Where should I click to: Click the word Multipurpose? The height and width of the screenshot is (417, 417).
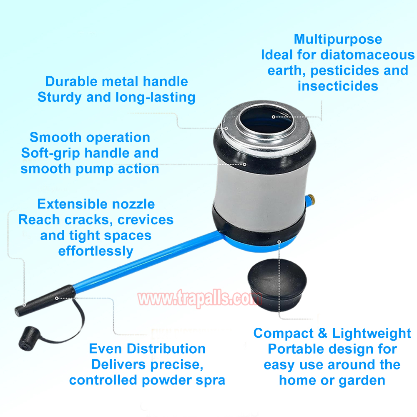pos(338,39)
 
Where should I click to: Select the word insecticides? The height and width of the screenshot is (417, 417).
pos(338,86)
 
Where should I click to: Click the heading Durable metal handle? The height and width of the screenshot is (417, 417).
pos(116,81)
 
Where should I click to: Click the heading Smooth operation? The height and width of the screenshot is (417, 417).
pos(90,138)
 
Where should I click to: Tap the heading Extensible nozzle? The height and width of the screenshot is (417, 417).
pos(96,204)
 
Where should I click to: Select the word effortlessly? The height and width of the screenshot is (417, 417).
pos(96,251)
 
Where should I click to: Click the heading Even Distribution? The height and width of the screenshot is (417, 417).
pos(147,349)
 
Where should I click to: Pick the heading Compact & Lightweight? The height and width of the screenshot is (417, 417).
pos(332,333)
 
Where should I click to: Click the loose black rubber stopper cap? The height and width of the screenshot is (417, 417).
pos(277,285)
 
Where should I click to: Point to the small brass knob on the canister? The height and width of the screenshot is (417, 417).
pos(311,199)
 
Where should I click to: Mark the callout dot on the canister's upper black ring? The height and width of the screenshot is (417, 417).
pos(244,165)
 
